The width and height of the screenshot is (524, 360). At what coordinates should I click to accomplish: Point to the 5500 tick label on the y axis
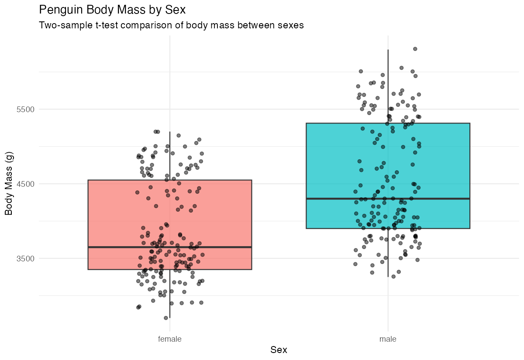pyautogui.click(x=26, y=109)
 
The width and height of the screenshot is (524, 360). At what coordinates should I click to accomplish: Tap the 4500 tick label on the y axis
pyautogui.click(x=26, y=184)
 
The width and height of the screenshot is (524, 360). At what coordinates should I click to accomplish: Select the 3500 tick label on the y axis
pyautogui.click(x=26, y=258)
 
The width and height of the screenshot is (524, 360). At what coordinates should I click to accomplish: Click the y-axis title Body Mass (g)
pyautogui.click(x=9, y=183)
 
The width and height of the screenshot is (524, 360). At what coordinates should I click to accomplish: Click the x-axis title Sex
pyautogui.click(x=279, y=350)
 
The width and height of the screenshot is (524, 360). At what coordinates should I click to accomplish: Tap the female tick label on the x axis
pyautogui.click(x=170, y=339)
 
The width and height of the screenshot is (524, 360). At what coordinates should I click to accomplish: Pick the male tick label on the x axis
pyautogui.click(x=388, y=339)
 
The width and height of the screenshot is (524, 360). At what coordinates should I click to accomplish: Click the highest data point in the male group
pyautogui.click(x=415, y=49)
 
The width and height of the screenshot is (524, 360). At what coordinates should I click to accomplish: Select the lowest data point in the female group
pyautogui.click(x=166, y=318)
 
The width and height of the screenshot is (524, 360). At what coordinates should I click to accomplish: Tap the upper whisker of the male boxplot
pyautogui.click(x=388, y=87)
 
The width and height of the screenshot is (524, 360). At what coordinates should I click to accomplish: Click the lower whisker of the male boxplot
pyautogui.click(x=388, y=253)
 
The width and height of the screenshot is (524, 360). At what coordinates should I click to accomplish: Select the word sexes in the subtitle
pyautogui.click(x=290, y=25)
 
